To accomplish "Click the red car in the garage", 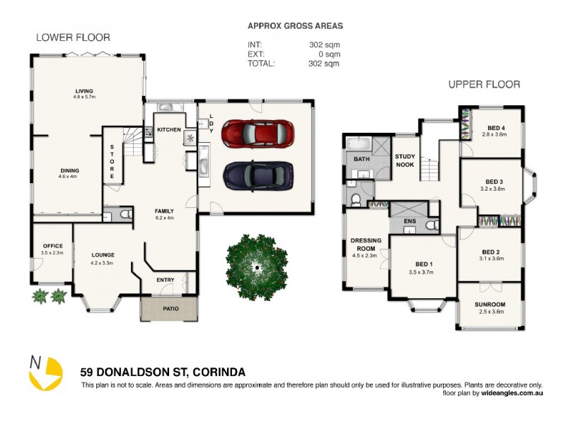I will pos(258,132).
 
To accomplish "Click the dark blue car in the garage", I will pos(258,175).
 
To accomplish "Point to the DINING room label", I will pos(69,170).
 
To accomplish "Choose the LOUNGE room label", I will pos(103,255).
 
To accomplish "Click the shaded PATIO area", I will pos(168,308).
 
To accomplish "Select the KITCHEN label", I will pos(169,130).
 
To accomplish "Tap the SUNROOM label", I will pos(490,305).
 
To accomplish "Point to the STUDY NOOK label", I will pos(405,160).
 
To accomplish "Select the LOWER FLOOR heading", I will pos(73,37).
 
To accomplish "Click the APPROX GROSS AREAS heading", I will pos(295,25).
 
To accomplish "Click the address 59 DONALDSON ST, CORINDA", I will pos(163,372).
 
